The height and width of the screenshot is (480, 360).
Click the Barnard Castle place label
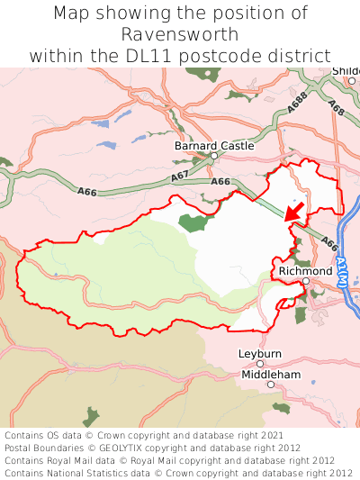[213, 144]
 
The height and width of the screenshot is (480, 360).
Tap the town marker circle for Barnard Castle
[214, 156]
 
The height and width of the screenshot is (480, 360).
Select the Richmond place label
[305, 270]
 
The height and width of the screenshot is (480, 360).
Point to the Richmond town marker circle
[306, 281]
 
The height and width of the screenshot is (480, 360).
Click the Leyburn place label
[260, 354]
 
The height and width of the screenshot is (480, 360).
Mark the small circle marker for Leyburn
[260, 365]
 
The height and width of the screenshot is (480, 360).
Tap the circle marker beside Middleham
[270, 385]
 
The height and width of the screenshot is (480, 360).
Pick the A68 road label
[337, 107]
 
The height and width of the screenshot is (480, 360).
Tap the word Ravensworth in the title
[180, 35]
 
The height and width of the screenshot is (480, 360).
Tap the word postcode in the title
[248, 55]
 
